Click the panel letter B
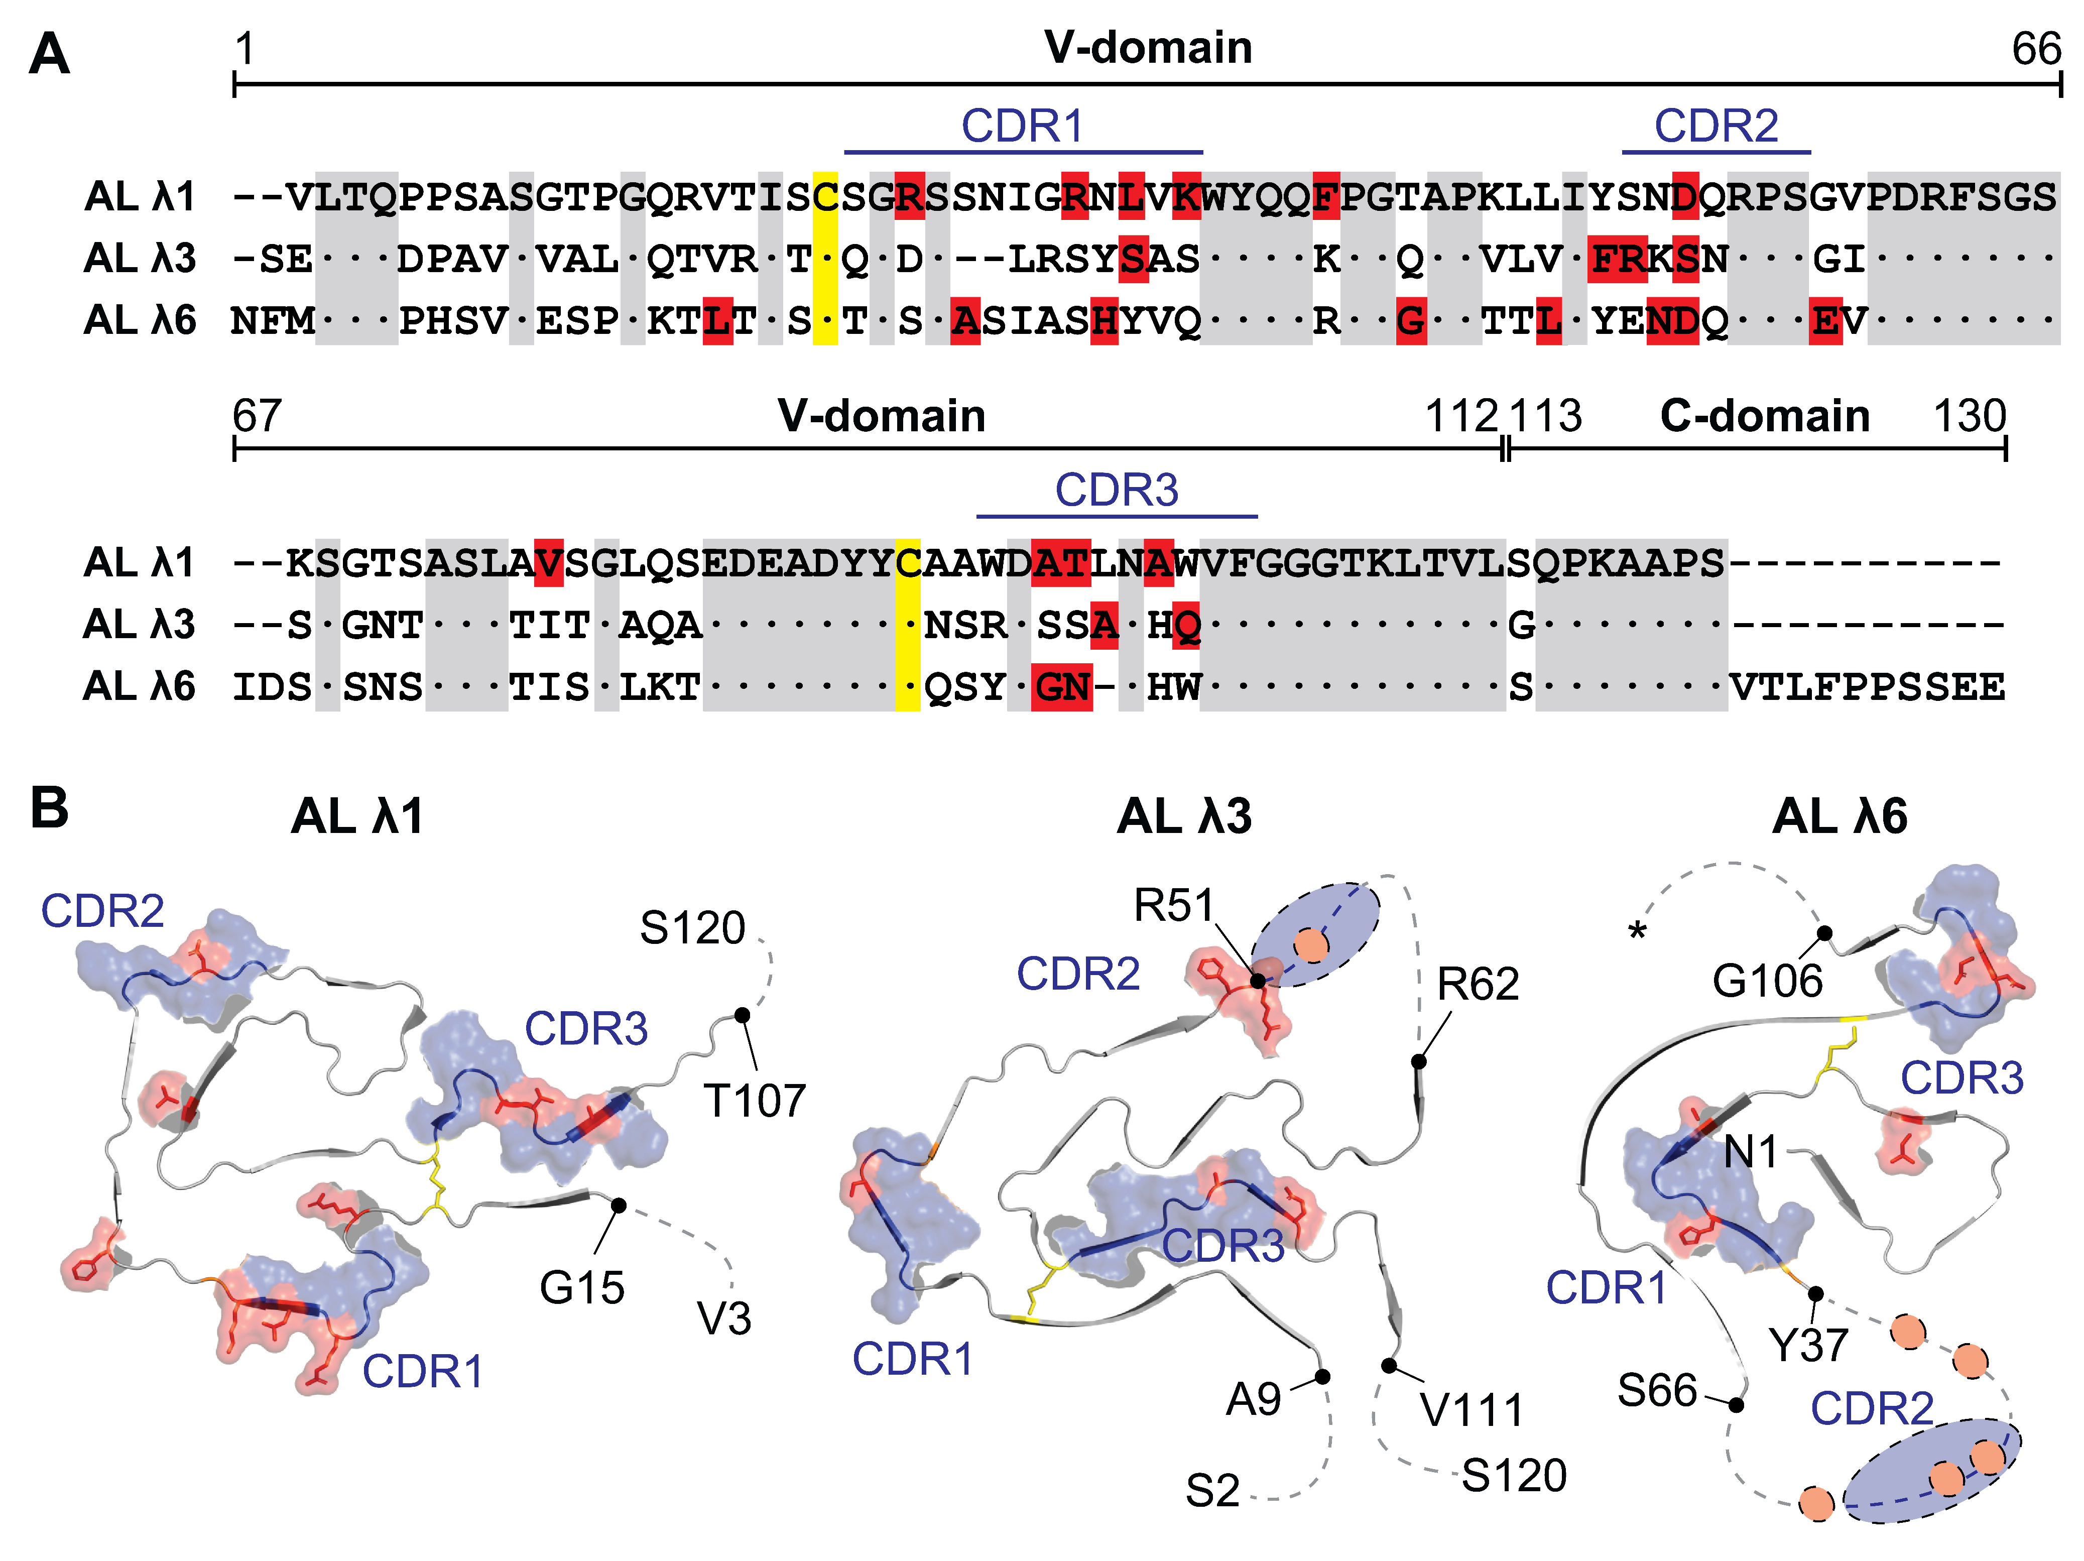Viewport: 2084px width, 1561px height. (49, 808)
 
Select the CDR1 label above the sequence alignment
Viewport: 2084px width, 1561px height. (1022, 126)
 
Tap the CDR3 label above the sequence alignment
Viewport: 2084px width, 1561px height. (1117, 490)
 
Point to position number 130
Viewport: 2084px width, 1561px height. (1969, 416)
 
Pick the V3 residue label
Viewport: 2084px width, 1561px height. (723, 1319)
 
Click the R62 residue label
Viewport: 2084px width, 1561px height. (1477, 985)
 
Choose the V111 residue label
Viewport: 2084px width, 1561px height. (1472, 1410)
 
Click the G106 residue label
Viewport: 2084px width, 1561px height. (1767, 982)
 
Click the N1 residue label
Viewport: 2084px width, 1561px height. (1751, 1151)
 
